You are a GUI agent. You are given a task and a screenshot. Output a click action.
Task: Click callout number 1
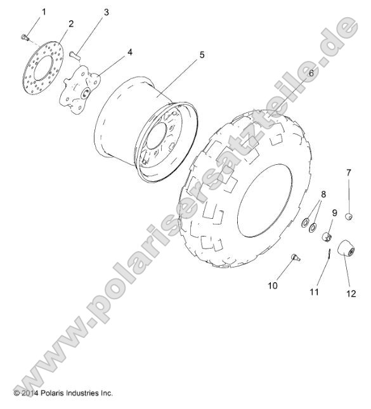[44, 12]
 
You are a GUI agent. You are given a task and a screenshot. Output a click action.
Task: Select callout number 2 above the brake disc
[70, 23]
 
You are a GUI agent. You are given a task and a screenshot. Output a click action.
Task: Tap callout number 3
[106, 12]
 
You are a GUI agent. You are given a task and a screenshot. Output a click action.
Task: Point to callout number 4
[129, 52]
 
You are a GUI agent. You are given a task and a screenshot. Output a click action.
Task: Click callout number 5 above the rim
[201, 55]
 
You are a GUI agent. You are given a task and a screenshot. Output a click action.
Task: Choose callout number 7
[348, 172]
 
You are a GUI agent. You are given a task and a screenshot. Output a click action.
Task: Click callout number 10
[273, 285]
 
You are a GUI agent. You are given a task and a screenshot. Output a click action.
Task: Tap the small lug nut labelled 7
[348, 217]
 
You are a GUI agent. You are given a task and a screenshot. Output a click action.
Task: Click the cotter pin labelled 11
[311, 252]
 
